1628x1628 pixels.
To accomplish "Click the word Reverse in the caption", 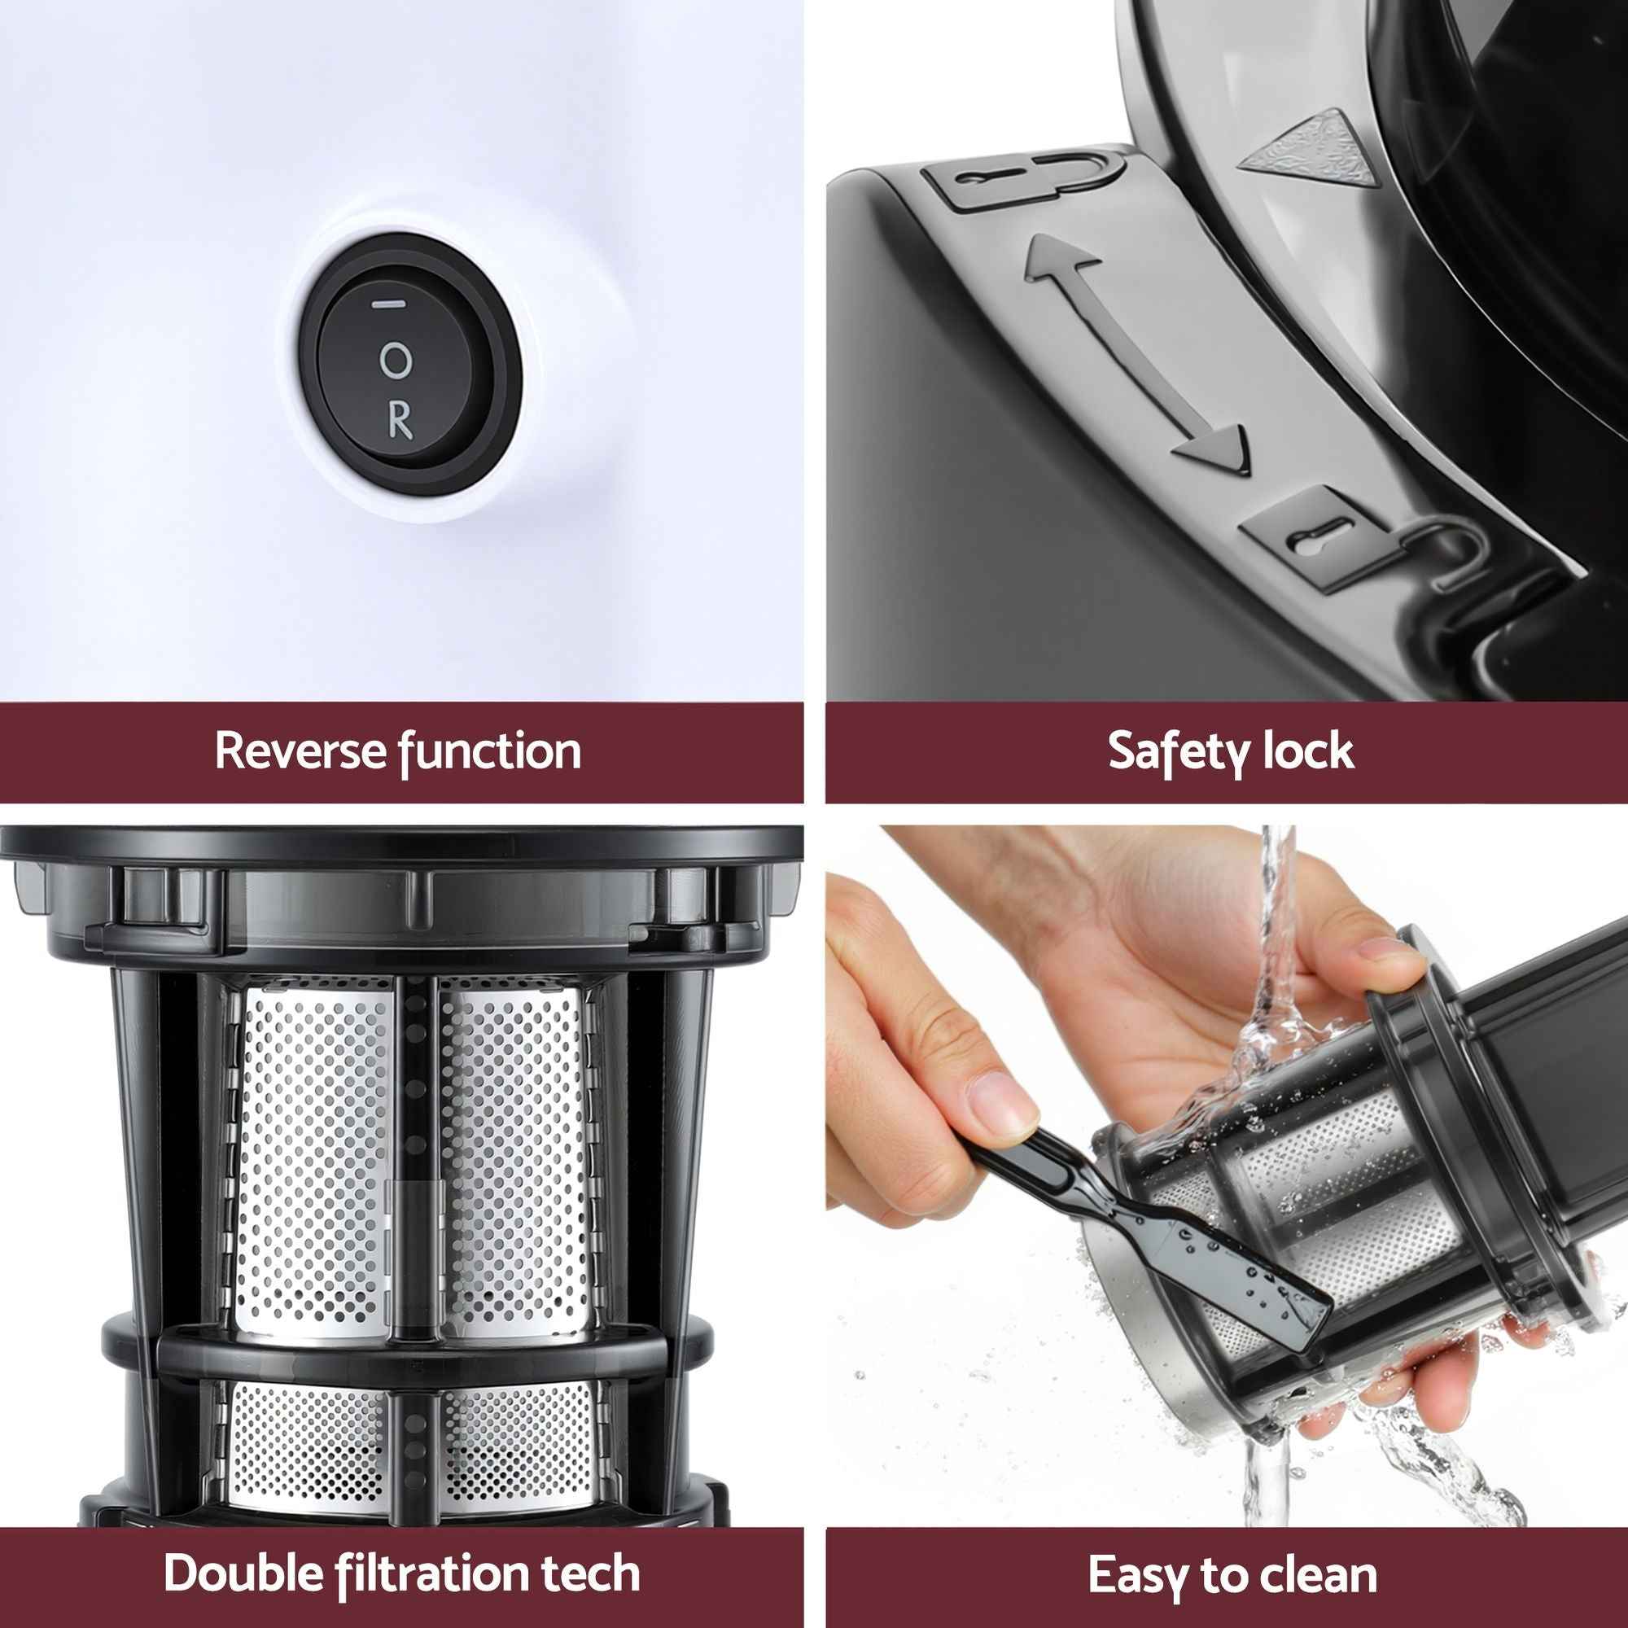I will click(x=298, y=751).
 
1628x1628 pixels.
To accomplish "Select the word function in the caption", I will click(x=489, y=751).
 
